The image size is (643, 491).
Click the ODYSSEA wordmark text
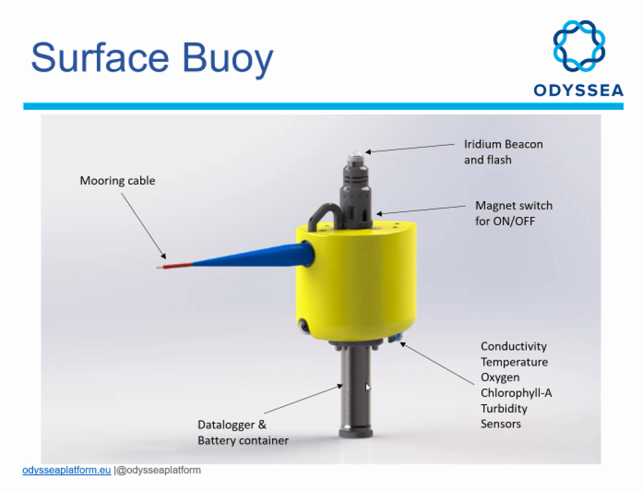[578, 91]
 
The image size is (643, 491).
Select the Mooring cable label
[117, 181]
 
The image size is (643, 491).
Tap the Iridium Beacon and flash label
[503, 152]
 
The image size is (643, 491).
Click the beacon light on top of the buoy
[356, 153]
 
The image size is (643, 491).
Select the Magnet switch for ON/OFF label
[514, 213]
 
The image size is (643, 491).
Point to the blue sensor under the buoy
[396, 340]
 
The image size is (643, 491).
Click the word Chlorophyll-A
[516, 393]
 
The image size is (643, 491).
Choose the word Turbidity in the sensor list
[504, 409]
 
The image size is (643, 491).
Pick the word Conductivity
[514, 346]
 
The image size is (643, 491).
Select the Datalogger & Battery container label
[243, 433]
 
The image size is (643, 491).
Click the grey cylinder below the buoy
[355, 390]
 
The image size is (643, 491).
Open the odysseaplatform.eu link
[67, 470]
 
